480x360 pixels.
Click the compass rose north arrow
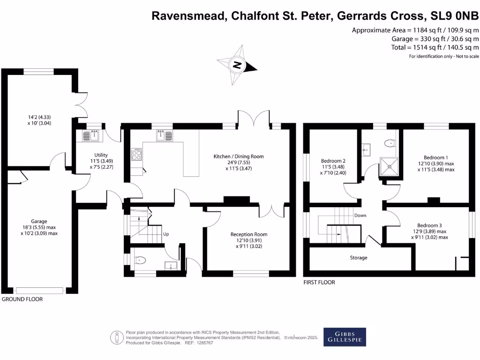(238, 65)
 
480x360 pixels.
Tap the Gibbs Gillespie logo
(345, 337)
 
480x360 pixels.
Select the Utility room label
(101, 155)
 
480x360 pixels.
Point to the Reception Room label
(248, 234)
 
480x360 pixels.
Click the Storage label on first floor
(359, 258)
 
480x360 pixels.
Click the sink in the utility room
(90, 135)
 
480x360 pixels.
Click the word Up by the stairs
(166, 233)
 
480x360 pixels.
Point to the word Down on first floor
(360, 216)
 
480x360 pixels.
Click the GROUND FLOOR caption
(22, 299)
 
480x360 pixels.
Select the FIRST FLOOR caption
(319, 283)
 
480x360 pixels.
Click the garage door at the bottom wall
(40, 290)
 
